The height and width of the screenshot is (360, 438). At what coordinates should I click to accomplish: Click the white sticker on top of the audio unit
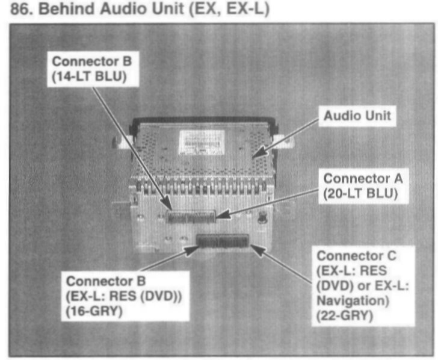click(199, 141)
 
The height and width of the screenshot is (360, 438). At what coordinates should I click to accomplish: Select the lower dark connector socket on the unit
click(222, 241)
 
